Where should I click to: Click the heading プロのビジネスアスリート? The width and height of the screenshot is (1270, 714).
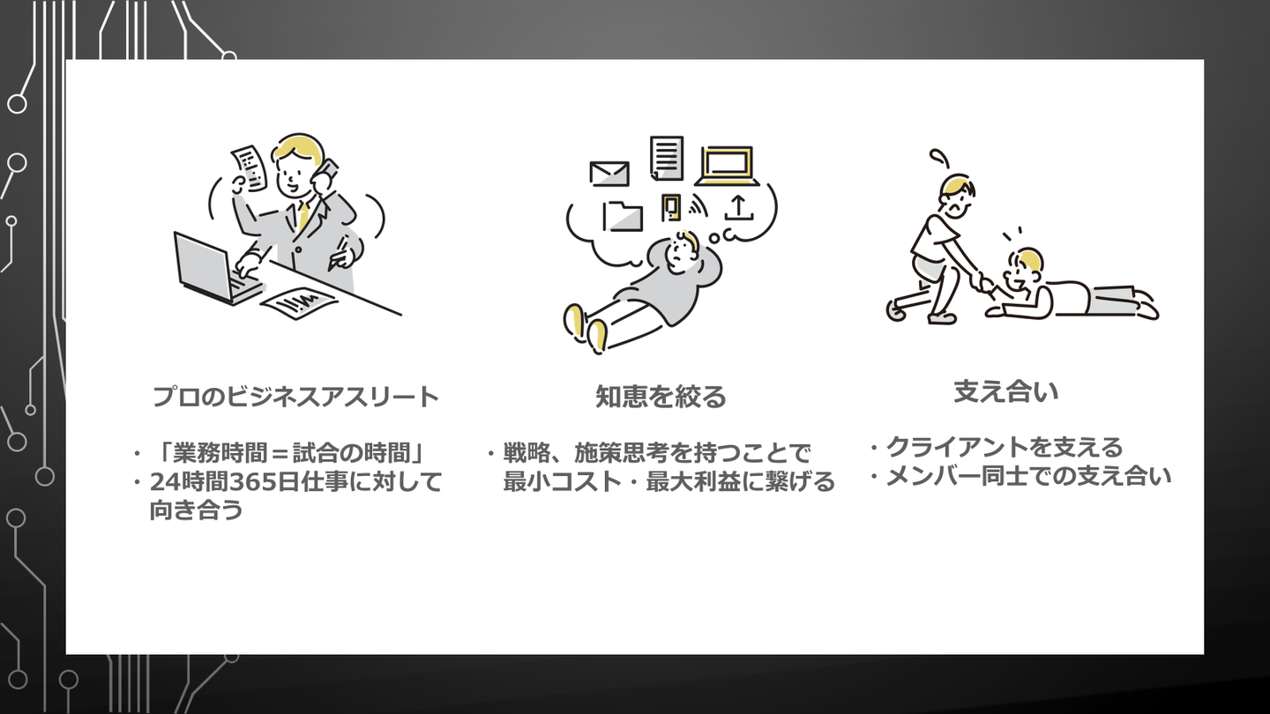[296, 398]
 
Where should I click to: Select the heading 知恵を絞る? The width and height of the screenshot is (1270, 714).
[661, 398]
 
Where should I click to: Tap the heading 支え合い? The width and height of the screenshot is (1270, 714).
[1006, 392]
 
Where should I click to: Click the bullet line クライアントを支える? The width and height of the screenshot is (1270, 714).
[1004, 448]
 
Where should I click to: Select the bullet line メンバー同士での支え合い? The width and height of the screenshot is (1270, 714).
[1027, 477]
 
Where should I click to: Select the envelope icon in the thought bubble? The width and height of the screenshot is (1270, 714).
[610, 174]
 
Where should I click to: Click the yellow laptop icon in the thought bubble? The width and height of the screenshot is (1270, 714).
[728, 166]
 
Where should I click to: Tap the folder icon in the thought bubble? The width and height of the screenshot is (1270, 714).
[623, 215]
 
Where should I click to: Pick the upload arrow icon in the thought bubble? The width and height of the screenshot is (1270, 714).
[739, 208]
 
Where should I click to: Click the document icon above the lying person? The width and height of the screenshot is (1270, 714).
[667, 158]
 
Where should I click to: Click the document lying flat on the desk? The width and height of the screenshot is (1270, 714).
[298, 302]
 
